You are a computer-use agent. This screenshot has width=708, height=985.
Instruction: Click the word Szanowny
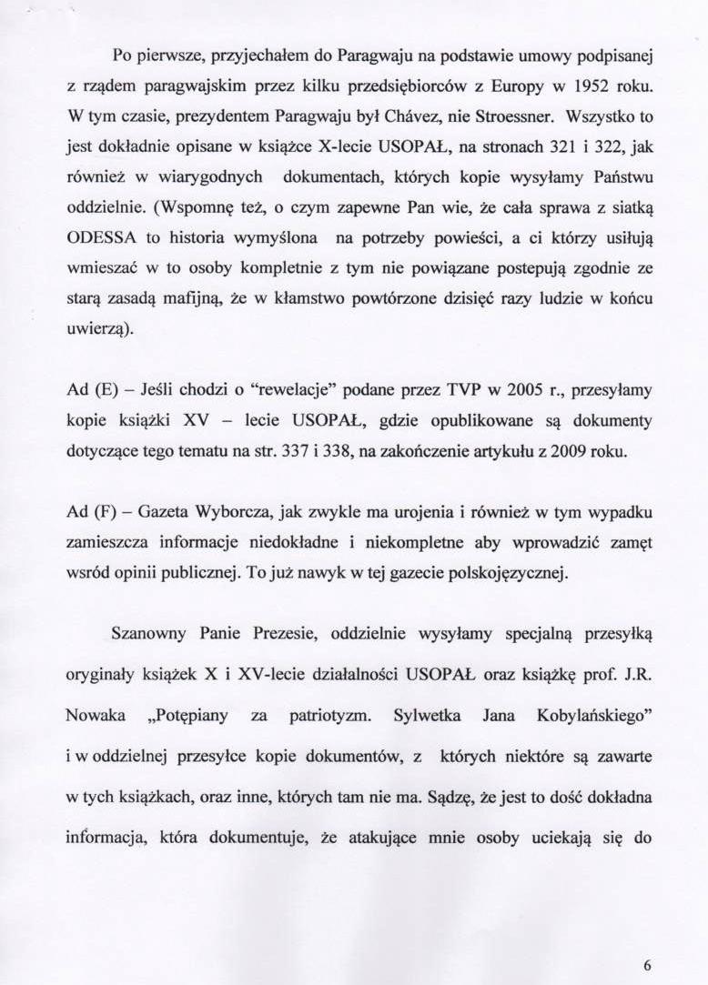[144, 632]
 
